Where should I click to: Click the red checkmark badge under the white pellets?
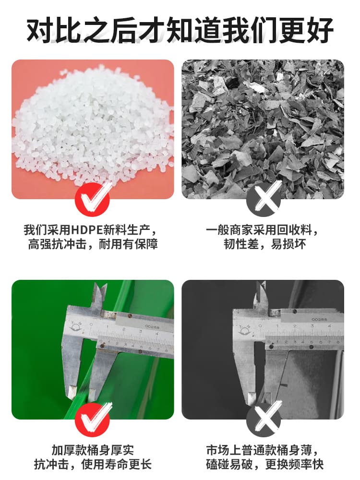pyautogui.click(x=93, y=200)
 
